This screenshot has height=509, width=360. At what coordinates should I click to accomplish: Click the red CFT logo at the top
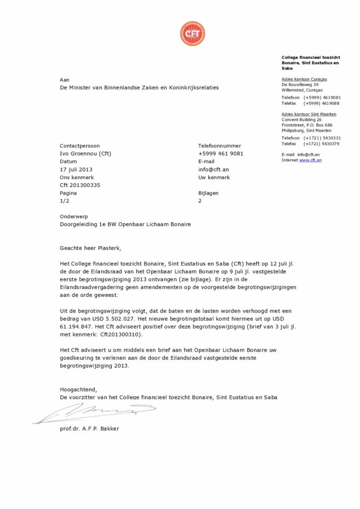click(x=192, y=34)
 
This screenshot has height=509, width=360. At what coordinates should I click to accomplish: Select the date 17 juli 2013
click(x=76, y=170)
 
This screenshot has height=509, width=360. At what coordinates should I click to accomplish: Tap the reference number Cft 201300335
click(x=80, y=185)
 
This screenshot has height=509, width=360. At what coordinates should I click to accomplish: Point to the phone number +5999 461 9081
click(x=221, y=154)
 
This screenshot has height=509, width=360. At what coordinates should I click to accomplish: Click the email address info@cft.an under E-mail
click(x=213, y=170)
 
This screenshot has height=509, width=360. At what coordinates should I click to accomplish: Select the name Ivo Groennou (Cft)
click(x=86, y=154)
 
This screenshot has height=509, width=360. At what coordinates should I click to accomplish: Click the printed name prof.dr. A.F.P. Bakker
click(x=90, y=428)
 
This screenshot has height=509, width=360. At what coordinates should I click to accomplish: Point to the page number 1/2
click(x=65, y=201)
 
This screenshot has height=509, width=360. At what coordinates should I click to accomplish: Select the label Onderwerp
click(x=74, y=217)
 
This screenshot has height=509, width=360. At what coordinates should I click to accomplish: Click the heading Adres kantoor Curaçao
click(x=304, y=79)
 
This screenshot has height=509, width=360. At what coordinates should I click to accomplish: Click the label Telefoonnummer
click(x=219, y=146)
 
